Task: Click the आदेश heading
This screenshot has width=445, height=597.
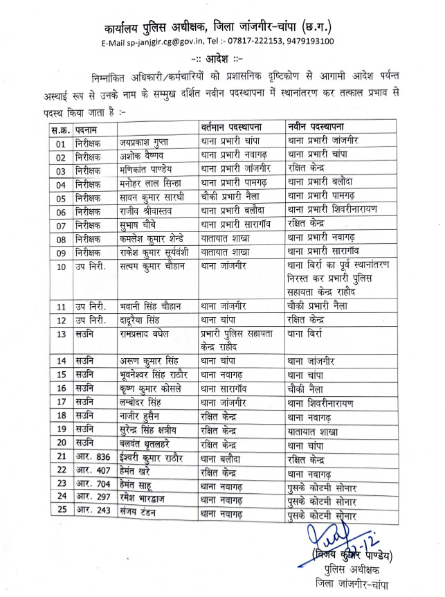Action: point(220,59)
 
